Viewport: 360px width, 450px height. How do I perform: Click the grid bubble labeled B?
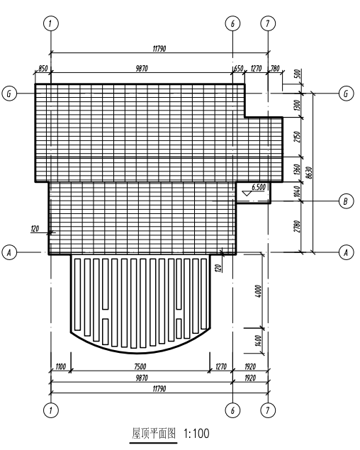[346, 201]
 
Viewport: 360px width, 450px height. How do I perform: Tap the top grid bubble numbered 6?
[232, 23]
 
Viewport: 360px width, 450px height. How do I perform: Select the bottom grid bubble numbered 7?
[268, 410]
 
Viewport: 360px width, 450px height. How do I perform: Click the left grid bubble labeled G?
[9, 94]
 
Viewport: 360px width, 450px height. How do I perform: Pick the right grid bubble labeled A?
[346, 252]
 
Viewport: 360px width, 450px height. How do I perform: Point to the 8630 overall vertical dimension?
[309, 173]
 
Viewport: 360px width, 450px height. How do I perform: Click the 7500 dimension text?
[140, 366]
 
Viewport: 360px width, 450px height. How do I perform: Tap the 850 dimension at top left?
[43, 69]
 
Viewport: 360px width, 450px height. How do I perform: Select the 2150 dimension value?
[297, 137]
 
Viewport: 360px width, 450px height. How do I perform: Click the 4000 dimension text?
[258, 291]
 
